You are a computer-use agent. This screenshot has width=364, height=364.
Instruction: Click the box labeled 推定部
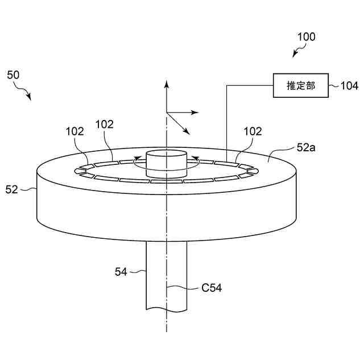300,85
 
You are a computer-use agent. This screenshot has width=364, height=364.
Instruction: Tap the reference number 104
349,86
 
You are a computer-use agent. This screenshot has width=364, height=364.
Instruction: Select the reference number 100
306,37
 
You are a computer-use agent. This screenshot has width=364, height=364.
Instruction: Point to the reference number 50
13,75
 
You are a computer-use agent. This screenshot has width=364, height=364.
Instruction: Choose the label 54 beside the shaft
121,272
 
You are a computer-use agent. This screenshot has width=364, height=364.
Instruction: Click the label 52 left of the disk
12,189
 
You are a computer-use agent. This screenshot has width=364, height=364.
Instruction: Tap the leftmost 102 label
75,131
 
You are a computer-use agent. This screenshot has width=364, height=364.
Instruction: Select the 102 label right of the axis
253,131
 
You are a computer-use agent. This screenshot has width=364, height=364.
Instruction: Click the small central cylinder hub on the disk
167,162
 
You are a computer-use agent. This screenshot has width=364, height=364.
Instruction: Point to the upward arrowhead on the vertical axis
167,84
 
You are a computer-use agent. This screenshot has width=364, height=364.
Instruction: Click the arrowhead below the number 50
29,98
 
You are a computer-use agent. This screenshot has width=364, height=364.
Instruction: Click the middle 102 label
104,124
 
